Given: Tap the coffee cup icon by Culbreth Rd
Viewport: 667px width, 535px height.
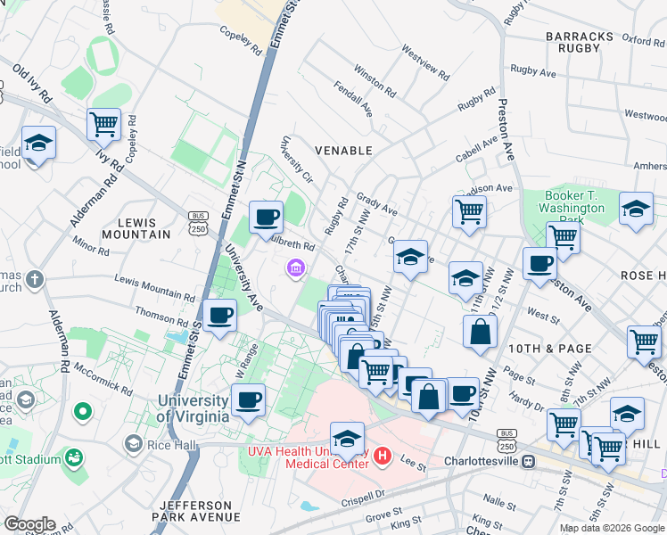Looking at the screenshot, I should pos(266,217).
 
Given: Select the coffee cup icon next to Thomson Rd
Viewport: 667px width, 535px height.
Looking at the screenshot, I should pos(219,314).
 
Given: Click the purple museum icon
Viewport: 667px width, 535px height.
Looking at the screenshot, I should pos(295,267).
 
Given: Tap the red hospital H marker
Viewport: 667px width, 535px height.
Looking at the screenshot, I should pos(383,457).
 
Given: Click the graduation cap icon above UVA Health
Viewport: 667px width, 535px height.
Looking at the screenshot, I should pos(348,438).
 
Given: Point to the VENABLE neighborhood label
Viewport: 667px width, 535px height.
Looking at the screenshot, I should pos(342,151).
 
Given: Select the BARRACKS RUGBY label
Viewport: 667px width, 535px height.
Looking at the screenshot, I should pos(580,42).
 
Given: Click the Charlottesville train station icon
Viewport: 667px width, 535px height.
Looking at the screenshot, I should pos(528,462).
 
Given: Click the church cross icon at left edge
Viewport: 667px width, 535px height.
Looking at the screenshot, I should pos(35,279).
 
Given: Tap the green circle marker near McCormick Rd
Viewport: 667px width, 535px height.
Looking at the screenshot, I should pos(83,412).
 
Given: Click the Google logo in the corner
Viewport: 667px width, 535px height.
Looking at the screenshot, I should pos(29,523).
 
